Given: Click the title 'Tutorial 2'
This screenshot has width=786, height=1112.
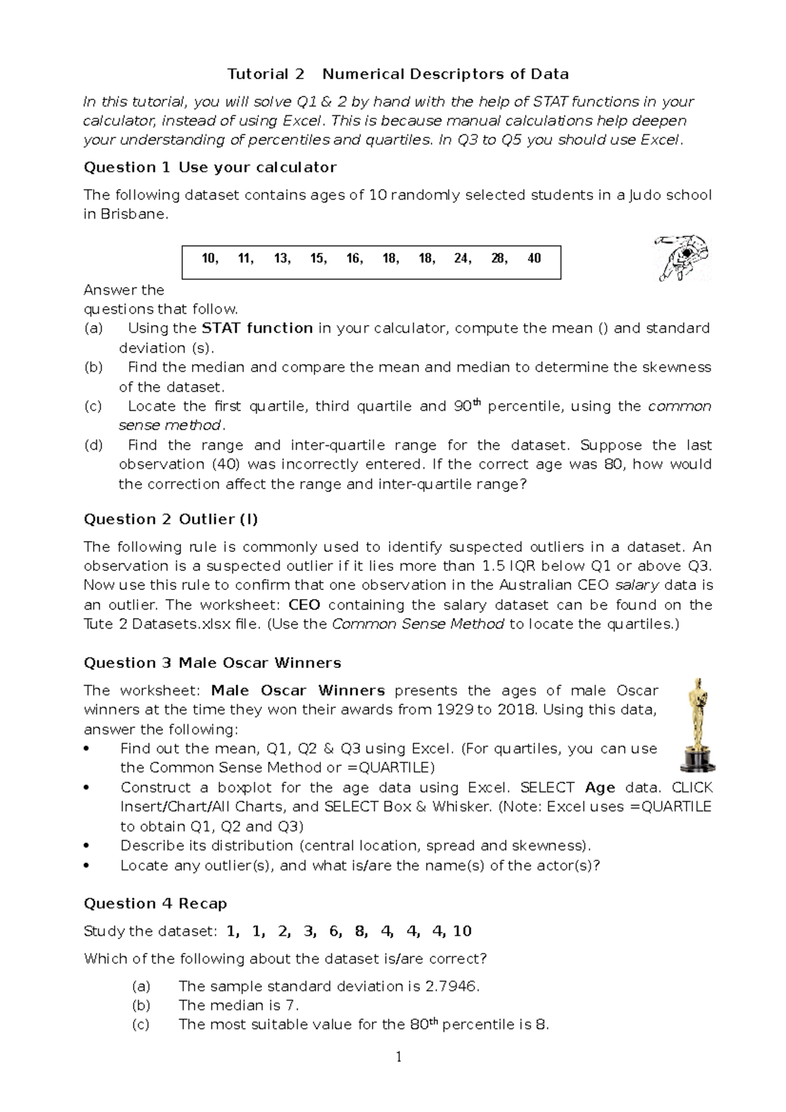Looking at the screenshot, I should tap(265, 74).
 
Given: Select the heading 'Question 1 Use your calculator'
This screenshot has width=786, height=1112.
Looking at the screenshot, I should tap(210, 168).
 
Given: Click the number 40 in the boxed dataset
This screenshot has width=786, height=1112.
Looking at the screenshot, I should tap(534, 259).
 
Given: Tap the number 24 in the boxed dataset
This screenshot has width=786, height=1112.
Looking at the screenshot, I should tap(462, 259).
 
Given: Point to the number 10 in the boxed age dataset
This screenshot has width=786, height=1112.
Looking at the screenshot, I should tap(209, 259).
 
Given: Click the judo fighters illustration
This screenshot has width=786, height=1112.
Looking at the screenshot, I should tap(683, 257).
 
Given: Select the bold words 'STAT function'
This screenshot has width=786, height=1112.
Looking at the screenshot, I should tap(257, 328).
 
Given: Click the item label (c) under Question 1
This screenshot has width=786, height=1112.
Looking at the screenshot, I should tap(93, 406).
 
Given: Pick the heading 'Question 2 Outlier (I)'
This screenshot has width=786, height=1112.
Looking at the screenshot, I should tap(170, 519).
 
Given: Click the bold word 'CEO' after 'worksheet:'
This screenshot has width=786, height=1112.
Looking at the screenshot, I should tap(304, 605).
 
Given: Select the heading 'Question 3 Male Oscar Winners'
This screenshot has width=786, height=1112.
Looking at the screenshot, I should tap(212, 663).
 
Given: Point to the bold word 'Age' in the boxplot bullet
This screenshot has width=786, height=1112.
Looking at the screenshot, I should tap(599, 788).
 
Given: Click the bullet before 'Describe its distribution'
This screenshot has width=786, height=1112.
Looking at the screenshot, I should tap(87, 846).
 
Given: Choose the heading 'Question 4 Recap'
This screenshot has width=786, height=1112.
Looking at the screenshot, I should tap(155, 904).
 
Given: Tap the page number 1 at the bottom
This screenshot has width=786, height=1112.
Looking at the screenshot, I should tap(398, 1057).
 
